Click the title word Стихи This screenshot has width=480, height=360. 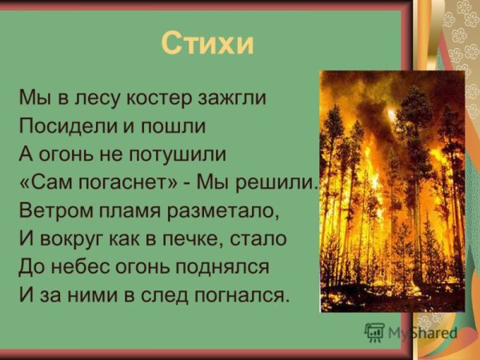[207, 42]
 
